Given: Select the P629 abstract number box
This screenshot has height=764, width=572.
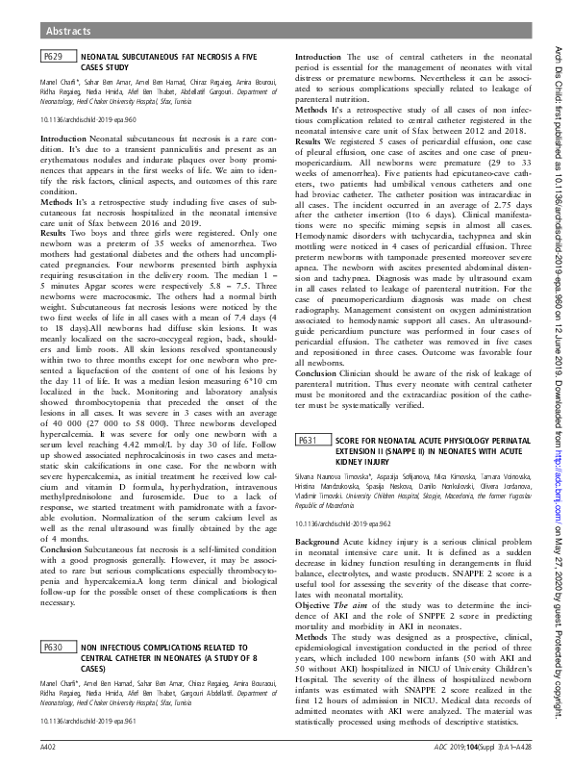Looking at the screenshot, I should tap(54, 59).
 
